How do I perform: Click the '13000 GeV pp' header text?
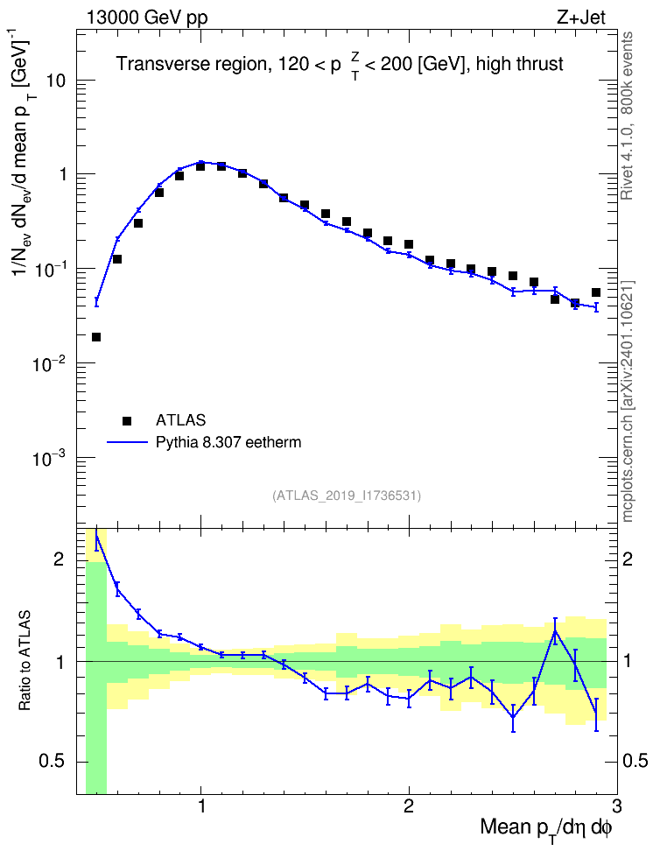click(x=146, y=18)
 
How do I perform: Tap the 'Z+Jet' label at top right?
click(x=581, y=18)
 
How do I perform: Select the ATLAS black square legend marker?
click(x=127, y=420)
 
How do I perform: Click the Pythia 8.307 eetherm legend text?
click(x=228, y=442)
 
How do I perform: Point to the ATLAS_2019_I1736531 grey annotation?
click(x=347, y=496)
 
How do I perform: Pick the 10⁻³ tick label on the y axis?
click(x=46, y=458)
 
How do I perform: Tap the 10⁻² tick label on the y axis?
click(x=46, y=363)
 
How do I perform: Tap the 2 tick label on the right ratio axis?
click(x=628, y=559)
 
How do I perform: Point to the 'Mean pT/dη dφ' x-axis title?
click(x=546, y=827)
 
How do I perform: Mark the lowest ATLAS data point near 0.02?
click(x=96, y=337)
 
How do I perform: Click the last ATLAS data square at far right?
click(x=596, y=292)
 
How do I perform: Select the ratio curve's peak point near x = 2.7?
click(x=555, y=630)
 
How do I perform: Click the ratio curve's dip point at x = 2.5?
click(x=513, y=718)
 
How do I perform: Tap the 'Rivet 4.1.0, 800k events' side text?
click(x=628, y=116)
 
